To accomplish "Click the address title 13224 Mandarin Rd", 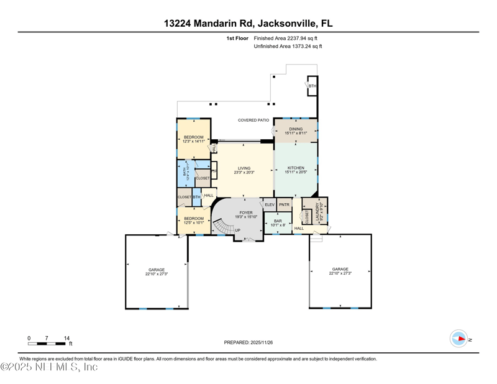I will [248, 24].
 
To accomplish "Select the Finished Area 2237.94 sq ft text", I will [288, 39].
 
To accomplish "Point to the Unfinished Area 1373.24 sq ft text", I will [288, 47].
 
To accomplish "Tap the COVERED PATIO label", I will [253, 120].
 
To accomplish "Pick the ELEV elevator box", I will [270, 204].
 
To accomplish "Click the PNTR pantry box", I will [285, 204].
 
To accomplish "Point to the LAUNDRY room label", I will [317, 212].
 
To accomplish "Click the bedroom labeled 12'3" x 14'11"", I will [193, 139].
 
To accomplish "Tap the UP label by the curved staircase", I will [237, 231].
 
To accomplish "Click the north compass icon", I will [458, 339].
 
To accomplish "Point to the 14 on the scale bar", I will [66, 338].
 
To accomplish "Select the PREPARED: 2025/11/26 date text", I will [248, 342].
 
